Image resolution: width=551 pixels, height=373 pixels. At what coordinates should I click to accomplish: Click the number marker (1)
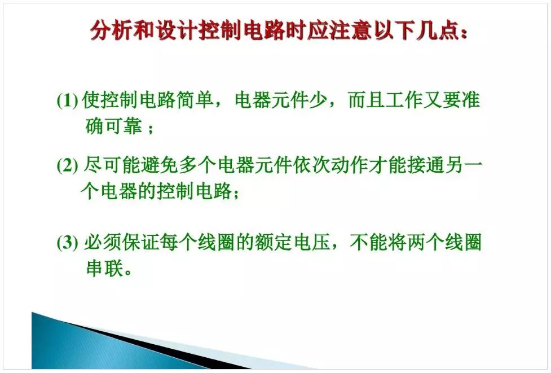67,100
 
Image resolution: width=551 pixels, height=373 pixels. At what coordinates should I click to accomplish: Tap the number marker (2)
67,165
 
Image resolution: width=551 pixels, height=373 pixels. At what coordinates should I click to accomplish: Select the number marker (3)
67,242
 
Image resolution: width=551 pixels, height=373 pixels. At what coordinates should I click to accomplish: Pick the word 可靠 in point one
123,126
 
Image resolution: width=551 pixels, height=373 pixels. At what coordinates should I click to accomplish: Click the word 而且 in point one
367,100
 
